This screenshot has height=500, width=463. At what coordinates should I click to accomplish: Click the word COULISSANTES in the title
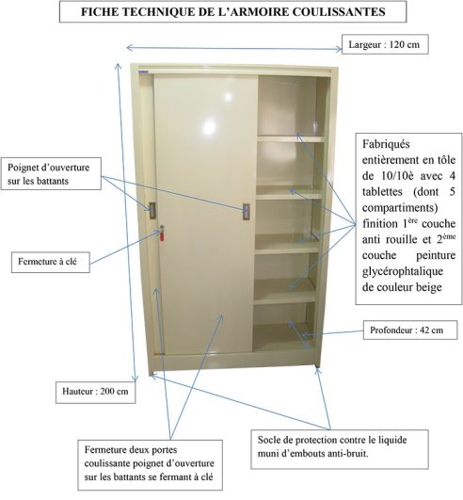click(x=339, y=12)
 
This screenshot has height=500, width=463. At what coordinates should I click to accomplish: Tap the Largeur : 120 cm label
click(x=385, y=44)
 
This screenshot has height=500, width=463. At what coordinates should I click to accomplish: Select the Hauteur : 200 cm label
click(x=95, y=392)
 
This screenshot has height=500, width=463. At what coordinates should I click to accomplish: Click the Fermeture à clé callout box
click(x=51, y=262)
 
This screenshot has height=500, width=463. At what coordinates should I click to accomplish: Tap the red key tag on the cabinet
click(x=162, y=235)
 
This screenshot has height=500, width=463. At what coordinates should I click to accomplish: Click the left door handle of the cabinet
click(x=152, y=211)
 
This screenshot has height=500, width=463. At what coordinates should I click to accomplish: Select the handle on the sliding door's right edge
click(x=246, y=212)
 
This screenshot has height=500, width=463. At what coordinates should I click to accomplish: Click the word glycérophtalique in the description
click(x=403, y=271)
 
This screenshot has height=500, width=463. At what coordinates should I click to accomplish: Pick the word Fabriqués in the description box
click(x=386, y=144)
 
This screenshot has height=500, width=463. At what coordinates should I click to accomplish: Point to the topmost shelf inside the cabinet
click(x=291, y=138)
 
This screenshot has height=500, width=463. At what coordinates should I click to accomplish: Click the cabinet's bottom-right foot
click(x=317, y=367)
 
